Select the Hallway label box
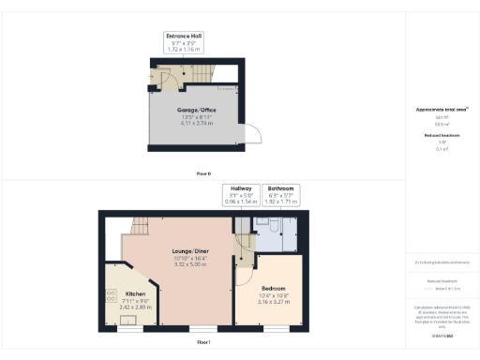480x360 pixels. pyautogui.click(x=239, y=194)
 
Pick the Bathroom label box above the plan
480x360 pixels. pyautogui.click(x=282, y=194)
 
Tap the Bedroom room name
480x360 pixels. pyautogui.click(x=274, y=288)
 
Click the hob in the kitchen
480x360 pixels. pyautogui.click(x=111, y=298)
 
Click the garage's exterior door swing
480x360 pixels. pyautogui.click(x=250, y=136)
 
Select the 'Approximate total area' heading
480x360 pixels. pyautogui.click(x=441, y=110)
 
